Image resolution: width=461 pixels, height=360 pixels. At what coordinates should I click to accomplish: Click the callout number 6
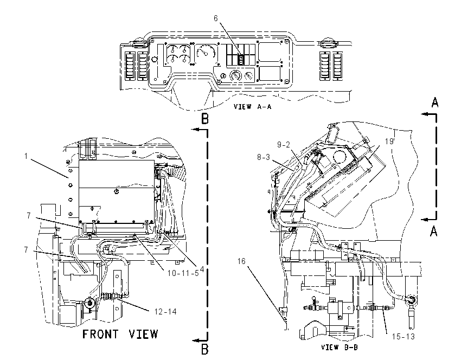[215, 18]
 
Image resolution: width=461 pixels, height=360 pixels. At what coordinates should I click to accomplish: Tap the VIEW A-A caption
[252, 107]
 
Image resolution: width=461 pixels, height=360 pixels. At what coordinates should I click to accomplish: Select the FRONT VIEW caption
[120, 334]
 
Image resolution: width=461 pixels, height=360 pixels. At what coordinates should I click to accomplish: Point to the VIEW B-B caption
[340, 348]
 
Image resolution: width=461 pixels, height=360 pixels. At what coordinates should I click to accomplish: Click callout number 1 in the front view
[26, 156]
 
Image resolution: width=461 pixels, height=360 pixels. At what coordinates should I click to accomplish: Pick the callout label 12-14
[165, 312]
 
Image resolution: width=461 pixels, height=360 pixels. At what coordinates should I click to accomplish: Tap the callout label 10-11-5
[183, 273]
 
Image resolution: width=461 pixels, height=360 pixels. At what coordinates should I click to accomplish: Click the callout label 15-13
[404, 337]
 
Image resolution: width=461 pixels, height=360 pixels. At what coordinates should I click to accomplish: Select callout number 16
[241, 261]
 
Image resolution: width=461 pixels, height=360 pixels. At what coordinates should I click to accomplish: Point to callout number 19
[389, 142]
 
